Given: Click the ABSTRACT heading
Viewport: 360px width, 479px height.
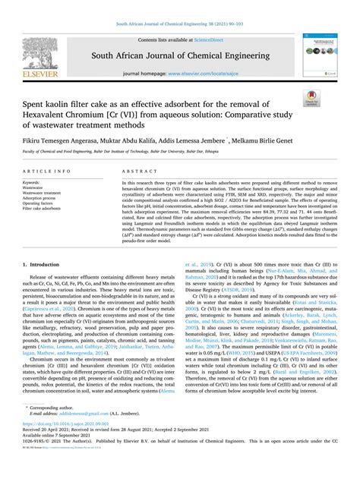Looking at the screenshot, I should click(128, 172).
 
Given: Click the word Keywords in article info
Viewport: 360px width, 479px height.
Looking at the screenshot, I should click(32, 183).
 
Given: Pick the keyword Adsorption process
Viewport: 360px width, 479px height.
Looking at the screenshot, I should click(42, 199).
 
